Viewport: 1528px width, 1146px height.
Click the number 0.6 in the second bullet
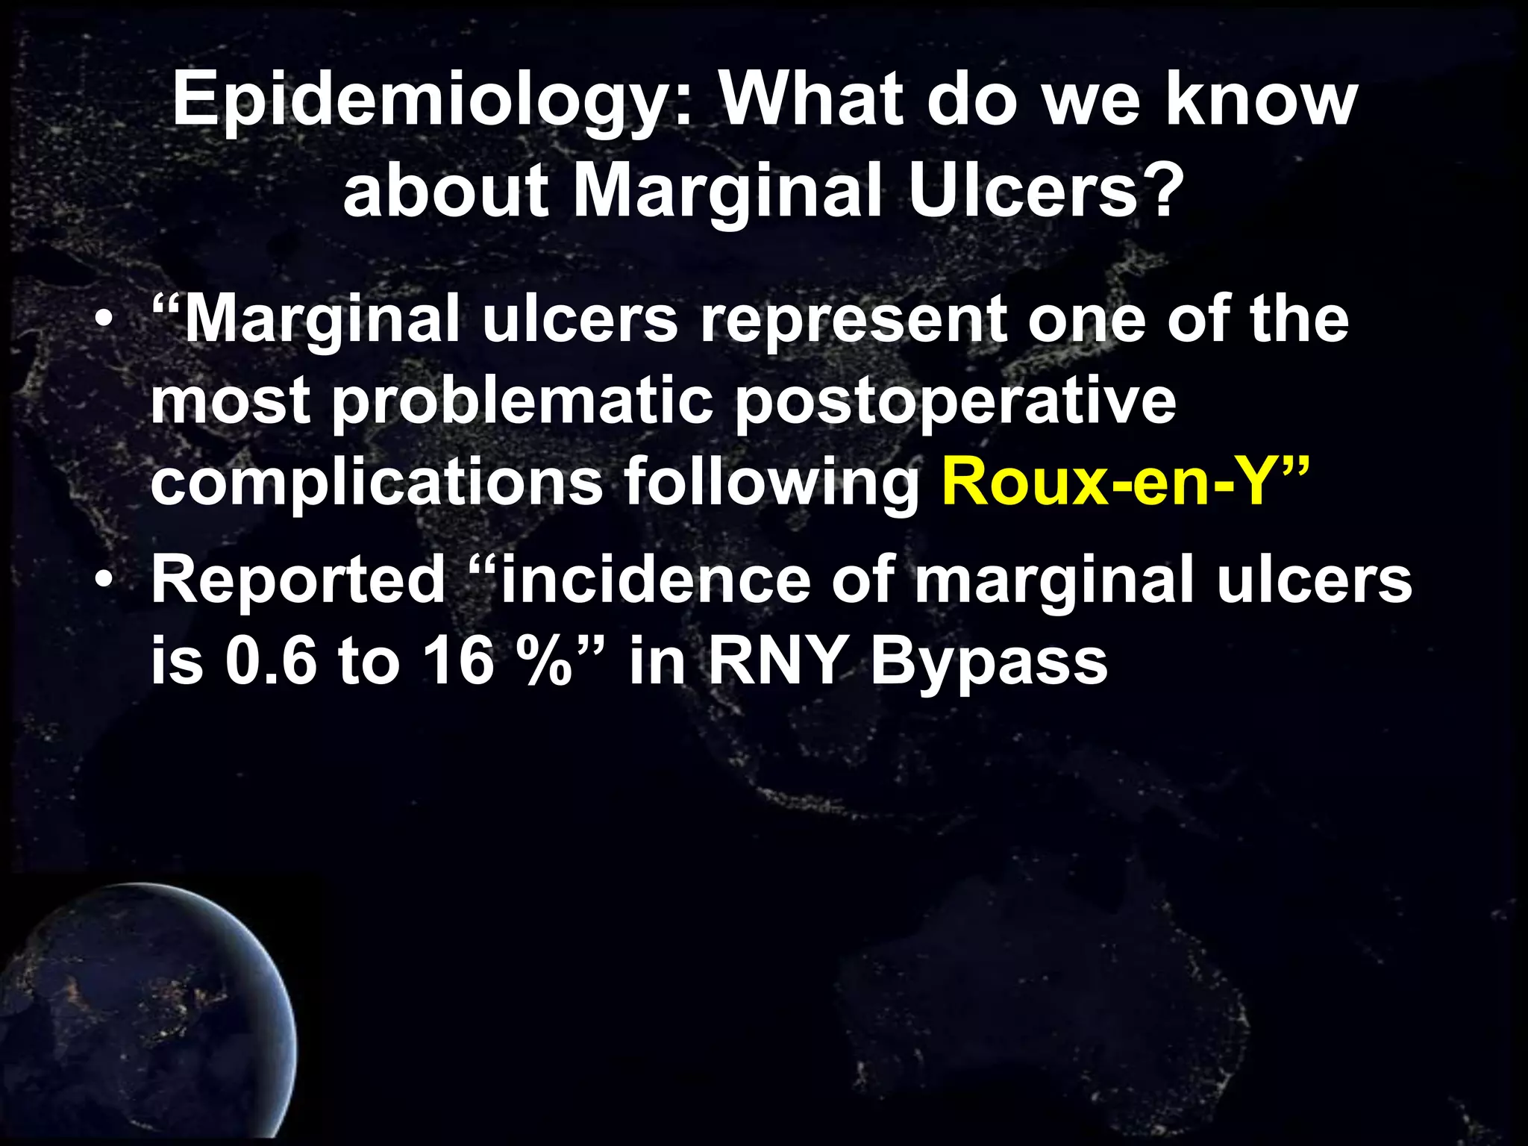tap(271, 661)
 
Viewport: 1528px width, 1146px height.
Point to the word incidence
tap(655, 580)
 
